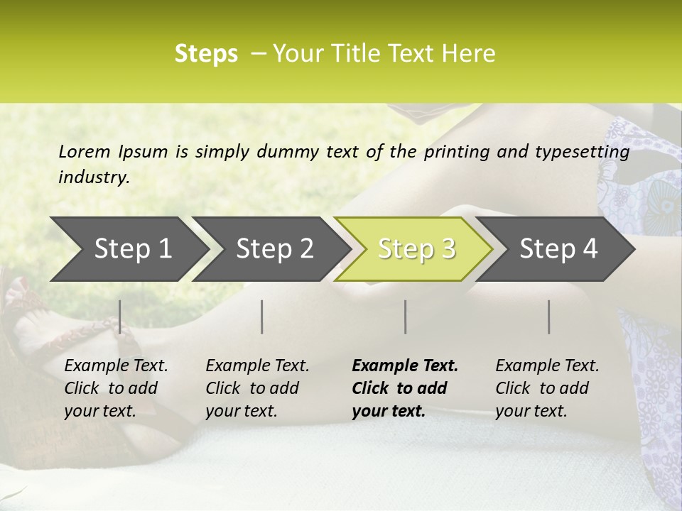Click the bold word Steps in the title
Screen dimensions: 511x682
[206, 54]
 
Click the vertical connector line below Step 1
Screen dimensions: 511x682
[120, 317]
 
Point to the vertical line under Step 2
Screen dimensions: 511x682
[262, 317]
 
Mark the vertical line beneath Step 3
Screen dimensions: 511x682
[406, 317]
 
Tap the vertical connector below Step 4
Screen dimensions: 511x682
[549, 317]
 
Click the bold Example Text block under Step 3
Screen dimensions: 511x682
[404, 388]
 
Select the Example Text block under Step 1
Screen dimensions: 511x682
[115, 388]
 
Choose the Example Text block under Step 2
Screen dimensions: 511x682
[256, 388]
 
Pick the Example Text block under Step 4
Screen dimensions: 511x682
[546, 388]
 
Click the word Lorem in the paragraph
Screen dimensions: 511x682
[85, 151]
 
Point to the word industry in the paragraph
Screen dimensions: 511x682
[94, 177]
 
